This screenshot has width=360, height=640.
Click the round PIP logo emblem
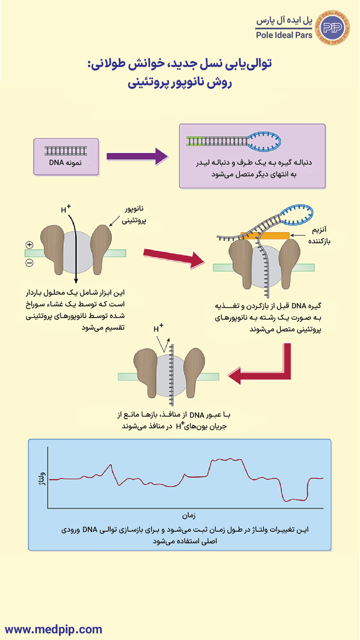point(334,27)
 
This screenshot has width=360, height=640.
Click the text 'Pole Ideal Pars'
point(284,35)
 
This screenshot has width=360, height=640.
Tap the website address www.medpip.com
point(53,629)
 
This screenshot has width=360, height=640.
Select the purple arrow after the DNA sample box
point(137,156)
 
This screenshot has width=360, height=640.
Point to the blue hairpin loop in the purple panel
point(265,140)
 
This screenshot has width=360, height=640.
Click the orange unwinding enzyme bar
point(265,235)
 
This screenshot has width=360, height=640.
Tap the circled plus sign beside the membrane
point(30,245)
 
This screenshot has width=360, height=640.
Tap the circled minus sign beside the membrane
point(30,263)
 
